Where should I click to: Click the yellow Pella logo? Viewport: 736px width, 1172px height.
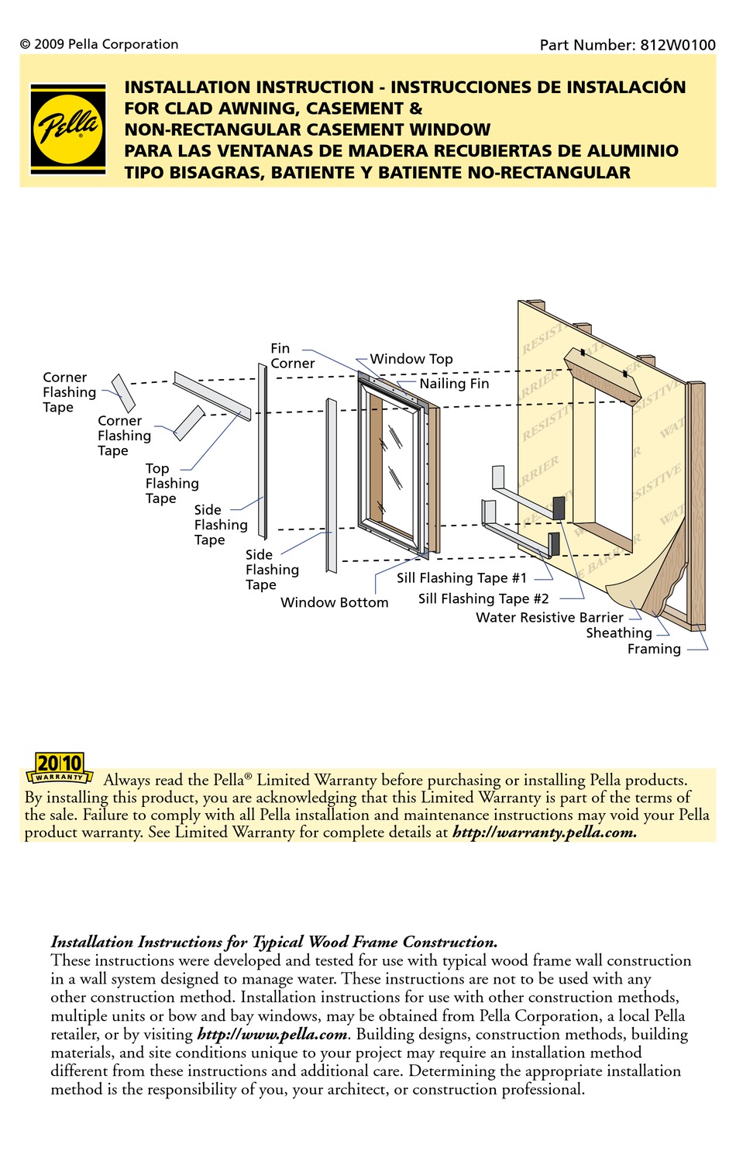click(x=68, y=129)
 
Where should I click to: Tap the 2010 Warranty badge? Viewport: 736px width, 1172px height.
click(x=60, y=768)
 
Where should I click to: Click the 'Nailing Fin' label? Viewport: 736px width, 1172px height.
click(x=454, y=384)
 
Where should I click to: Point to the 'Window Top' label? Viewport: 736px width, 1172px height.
click(x=411, y=359)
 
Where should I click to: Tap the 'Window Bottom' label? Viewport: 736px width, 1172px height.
click(x=334, y=602)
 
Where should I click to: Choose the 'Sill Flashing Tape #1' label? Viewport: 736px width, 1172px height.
click(x=461, y=577)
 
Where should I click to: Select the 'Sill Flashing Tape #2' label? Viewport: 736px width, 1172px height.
click(x=483, y=598)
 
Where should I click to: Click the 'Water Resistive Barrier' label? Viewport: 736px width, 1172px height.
click(x=549, y=617)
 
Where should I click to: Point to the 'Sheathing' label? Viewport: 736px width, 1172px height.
click(x=618, y=633)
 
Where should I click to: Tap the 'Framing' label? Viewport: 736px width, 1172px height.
click(x=654, y=649)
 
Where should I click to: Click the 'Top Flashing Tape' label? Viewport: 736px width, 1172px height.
click(x=171, y=484)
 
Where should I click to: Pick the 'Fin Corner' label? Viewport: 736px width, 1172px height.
click(x=292, y=356)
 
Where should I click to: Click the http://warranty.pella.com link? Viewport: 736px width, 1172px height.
click(x=544, y=832)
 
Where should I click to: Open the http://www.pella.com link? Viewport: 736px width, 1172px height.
click(x=273, y=1034)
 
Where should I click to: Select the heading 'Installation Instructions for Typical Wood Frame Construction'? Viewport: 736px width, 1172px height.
click(x=273, y=942)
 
